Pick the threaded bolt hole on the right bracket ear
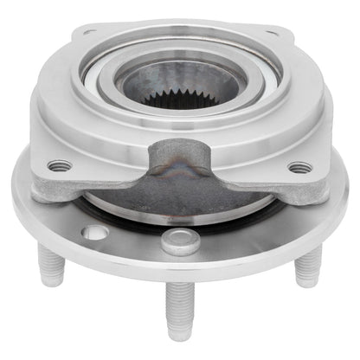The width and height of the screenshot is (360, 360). click(299, 167)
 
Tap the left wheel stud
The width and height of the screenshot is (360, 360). click(49, 265)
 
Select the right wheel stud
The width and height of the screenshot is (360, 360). click(307, 266)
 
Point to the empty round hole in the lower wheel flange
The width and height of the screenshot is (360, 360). click(97, 232)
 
